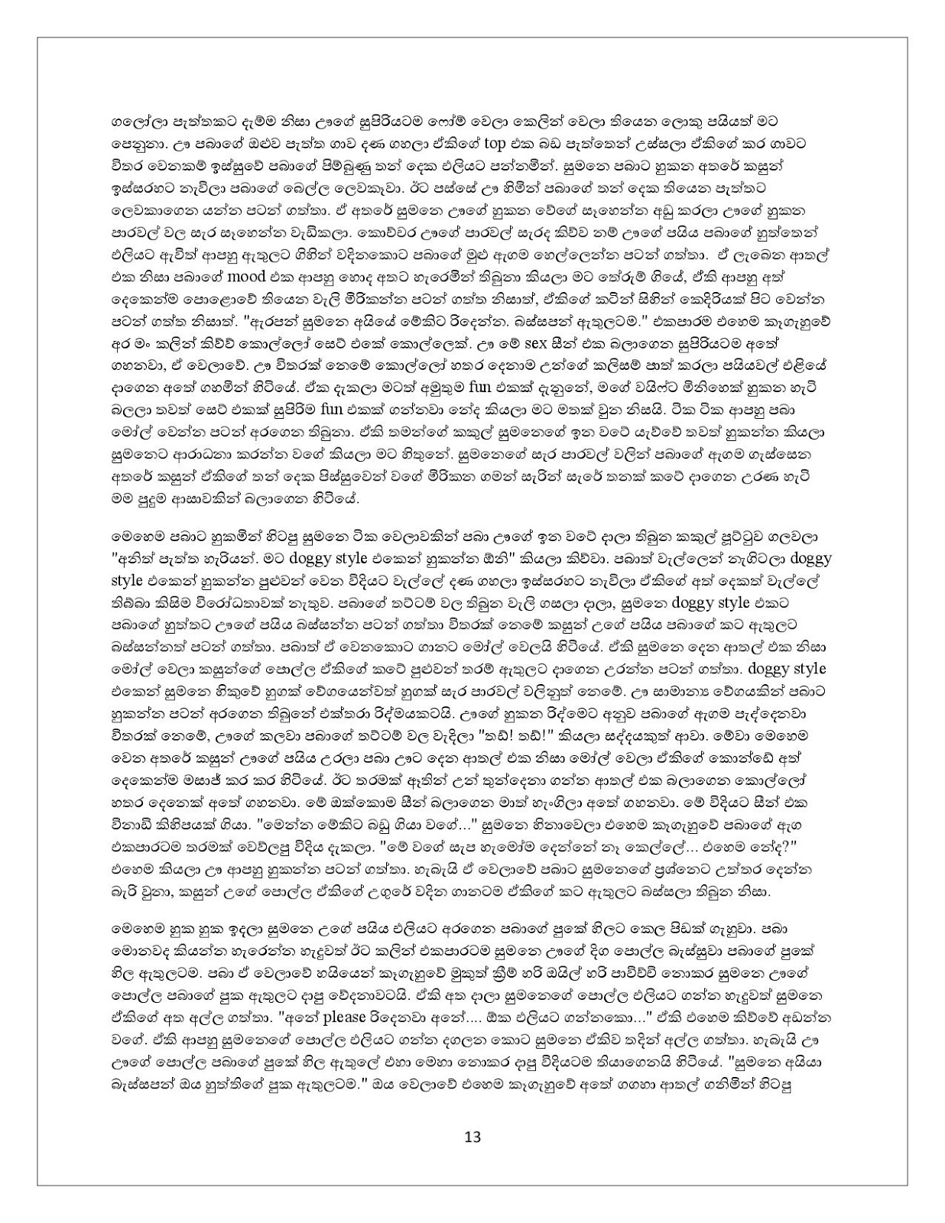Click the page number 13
click(472, 1136)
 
